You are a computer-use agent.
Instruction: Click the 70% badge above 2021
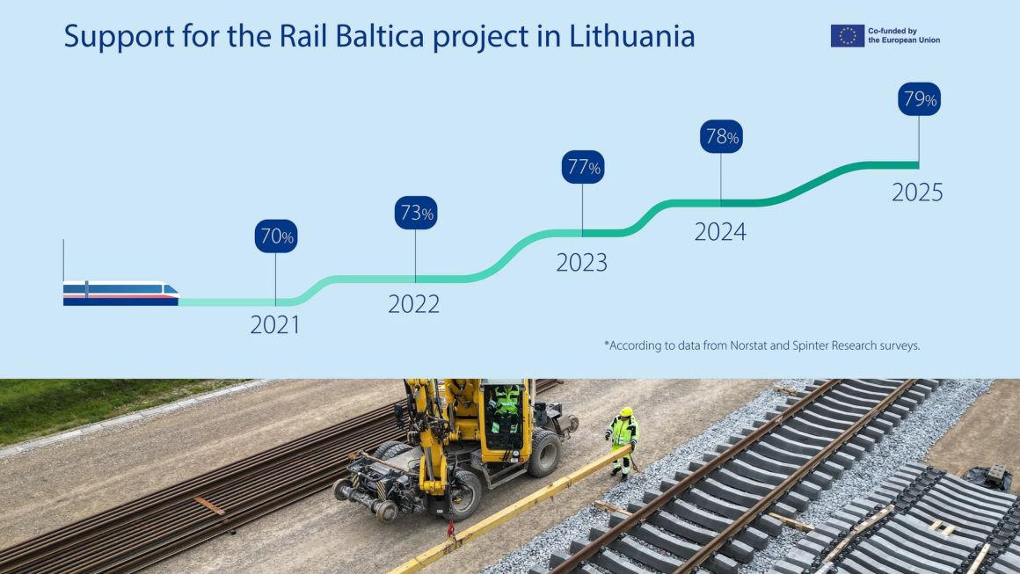point(276,236)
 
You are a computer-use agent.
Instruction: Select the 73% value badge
point(415,213)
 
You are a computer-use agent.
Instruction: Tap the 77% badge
point(582,167)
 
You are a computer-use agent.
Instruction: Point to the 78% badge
point(721,137)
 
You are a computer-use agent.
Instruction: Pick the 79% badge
point(919,99)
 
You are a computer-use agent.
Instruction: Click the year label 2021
point(275,325)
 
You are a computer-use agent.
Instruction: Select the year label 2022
point(414,304)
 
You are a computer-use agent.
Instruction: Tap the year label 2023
point(582,263)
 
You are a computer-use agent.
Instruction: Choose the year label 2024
point(720,232)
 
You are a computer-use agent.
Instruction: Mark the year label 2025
point(917,193)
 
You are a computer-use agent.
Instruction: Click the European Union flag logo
point(847,35)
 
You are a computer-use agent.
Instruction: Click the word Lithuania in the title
point(632,37)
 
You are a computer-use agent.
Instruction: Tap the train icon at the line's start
point(120,294)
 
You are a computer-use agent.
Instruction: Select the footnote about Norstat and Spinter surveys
point(761,345)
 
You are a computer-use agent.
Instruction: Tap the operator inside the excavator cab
point(505,406)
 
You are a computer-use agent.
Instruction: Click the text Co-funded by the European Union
point(904,35)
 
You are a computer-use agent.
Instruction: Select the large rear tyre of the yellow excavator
point(544,454)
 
